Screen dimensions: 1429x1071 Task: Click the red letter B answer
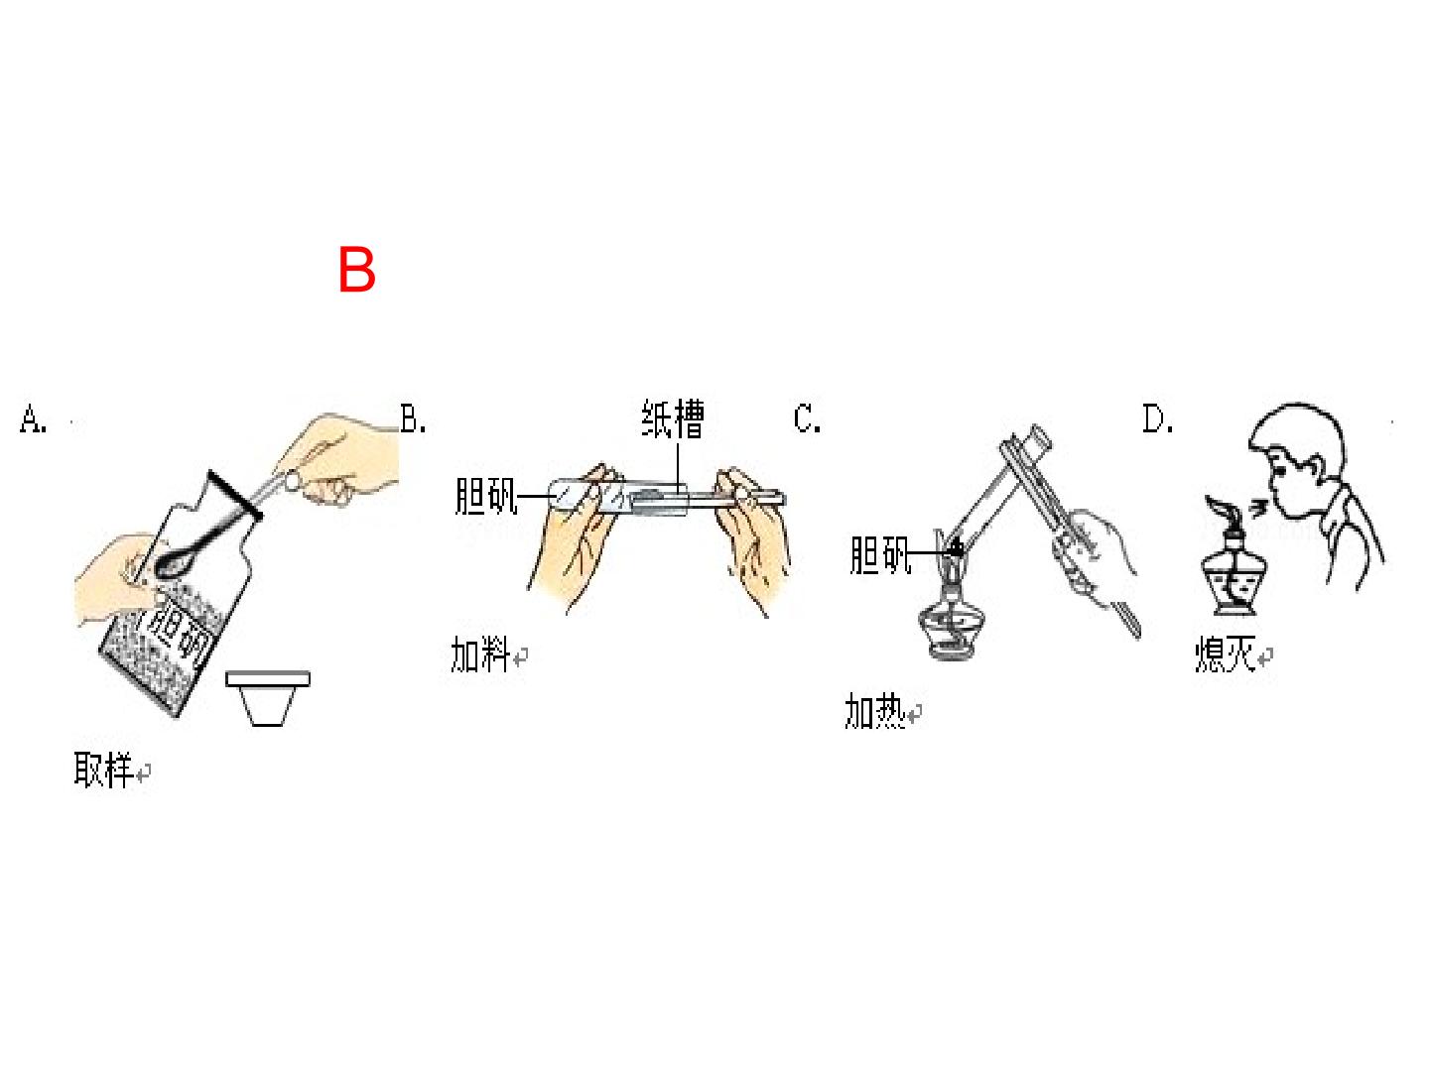(x=356, y=269)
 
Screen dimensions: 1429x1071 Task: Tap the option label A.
(x=33, y=418)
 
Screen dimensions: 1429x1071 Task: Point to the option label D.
(x=1157, y=418)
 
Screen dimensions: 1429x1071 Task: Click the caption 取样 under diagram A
(x=103, y=770)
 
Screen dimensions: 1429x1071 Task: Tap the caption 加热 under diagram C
(x=874, y=710)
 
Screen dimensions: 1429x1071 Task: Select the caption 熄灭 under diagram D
(x=1225, y=653)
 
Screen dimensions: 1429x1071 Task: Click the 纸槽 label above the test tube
(x=673, y=418)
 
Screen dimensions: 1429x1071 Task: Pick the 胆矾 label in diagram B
(x=485, y=496)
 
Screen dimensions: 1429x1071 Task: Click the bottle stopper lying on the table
(x=268, y=698)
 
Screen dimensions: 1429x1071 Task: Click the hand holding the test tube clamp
(x=1094, y=557)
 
